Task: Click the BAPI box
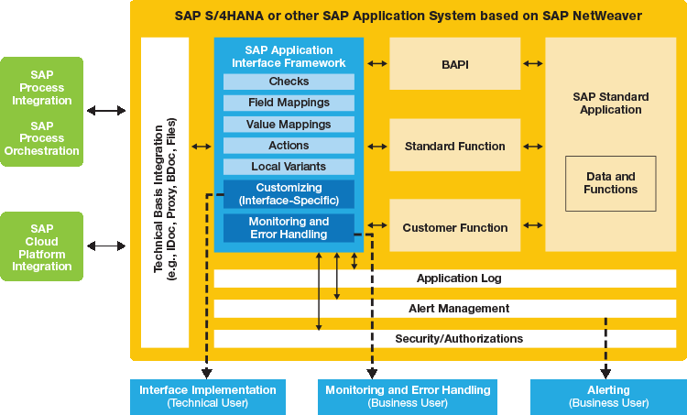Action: tap(455, 64)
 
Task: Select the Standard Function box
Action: tap(455, 146)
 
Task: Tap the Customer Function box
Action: tap(455, 227)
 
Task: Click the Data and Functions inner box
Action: tap(610, 182)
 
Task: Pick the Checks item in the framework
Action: tap(289, 82)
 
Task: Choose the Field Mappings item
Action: tap(289, 104)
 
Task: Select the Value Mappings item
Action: tap(289, 125)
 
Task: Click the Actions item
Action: tap(289, 146)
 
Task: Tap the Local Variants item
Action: tap(289, 167)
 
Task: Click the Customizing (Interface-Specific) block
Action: tap(289, 193)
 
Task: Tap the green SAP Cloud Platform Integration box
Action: tap(41, 246)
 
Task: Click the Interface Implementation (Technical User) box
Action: tap(207, 396)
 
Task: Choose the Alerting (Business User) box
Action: tap(607, 396)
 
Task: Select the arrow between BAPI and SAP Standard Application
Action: tap(532, 64)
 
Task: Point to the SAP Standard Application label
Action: tap(610, 103)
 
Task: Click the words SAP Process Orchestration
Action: tap(41, 138)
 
